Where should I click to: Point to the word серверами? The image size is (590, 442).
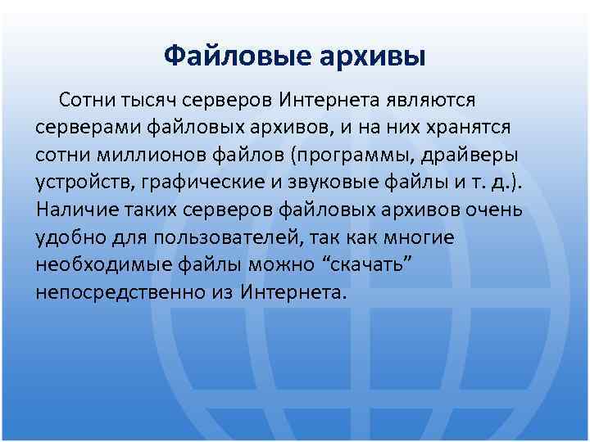point(89,128)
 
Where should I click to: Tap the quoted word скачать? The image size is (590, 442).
point(362,265)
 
